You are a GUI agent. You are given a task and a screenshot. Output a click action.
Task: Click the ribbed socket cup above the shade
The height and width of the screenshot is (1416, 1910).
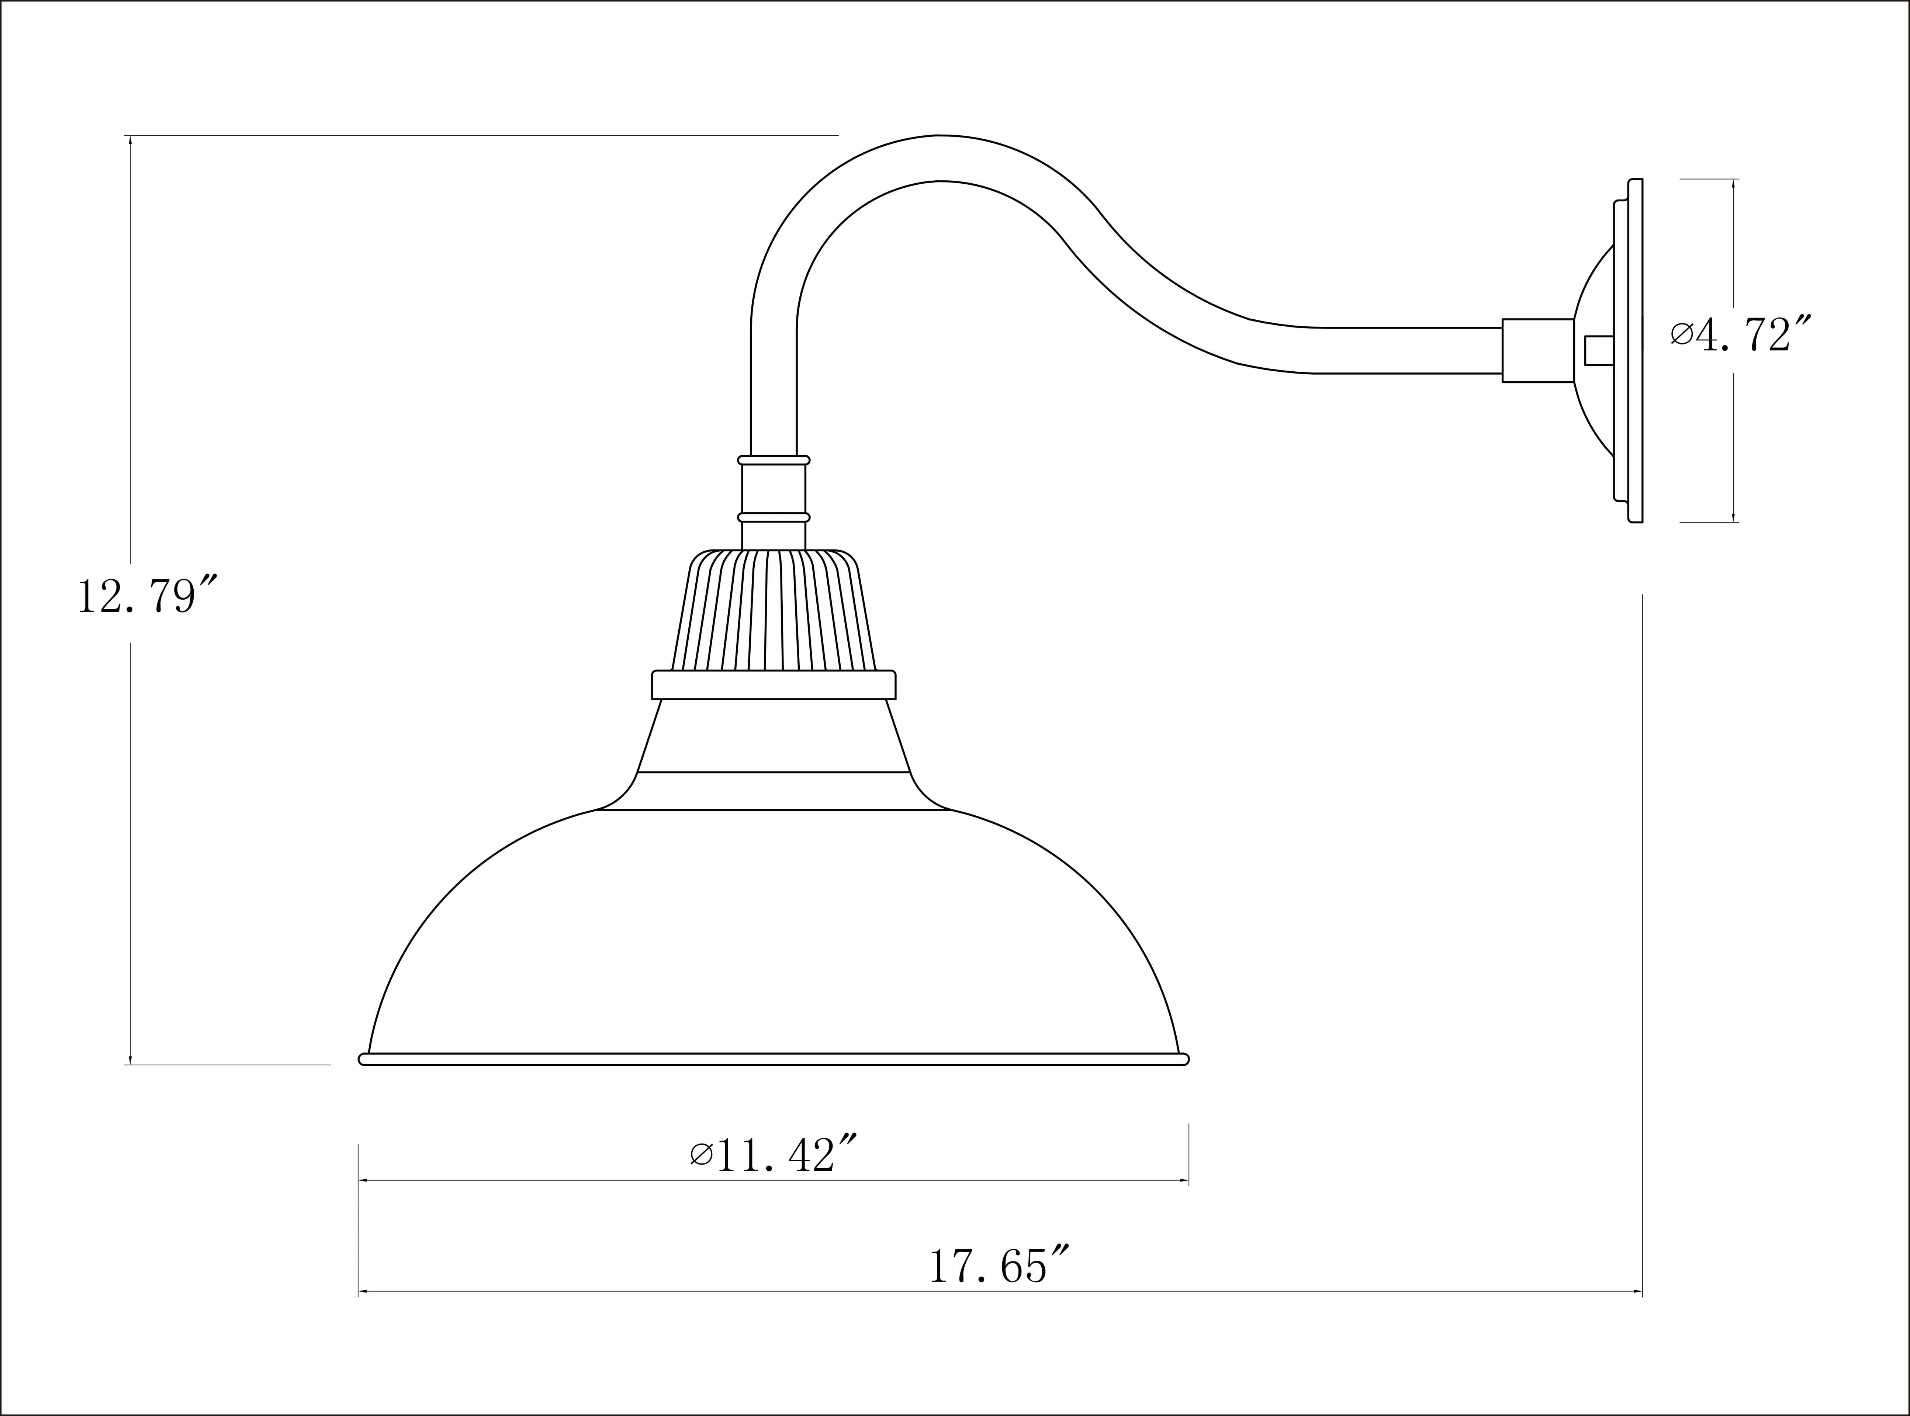pyautogui.click(x=774, y=610)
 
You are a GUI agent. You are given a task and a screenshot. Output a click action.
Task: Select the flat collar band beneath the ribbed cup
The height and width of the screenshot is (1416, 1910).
pyautogui.click(x=774, y=685)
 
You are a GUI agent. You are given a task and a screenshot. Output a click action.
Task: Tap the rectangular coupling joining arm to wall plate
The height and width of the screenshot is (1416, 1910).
pyautogui.click(x=1538, y=351)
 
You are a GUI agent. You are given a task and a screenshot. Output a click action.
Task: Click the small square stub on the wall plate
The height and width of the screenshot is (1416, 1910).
pyautogui.click(x=1599, y=351)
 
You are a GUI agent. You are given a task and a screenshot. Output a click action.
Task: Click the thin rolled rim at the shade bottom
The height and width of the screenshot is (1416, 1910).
pyautogui.click(x=774, y=1059)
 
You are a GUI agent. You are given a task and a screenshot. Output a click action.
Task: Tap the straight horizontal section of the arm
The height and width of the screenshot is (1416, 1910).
pyautogui.click(x=1406, y=351)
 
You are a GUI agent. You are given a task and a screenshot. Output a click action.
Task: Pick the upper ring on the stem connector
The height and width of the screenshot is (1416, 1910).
pyautogui.click(x=774, y=460)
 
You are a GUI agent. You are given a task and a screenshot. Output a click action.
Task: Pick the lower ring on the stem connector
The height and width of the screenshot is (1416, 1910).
pyautogui.click(x=774, y=518)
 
